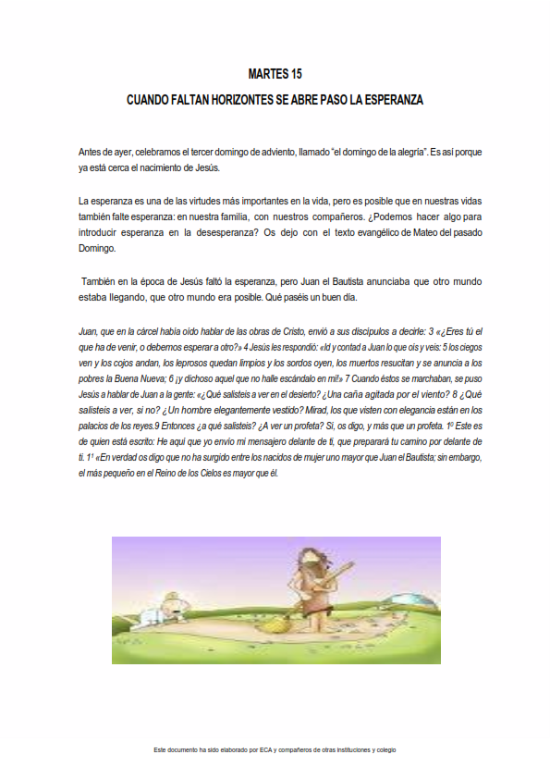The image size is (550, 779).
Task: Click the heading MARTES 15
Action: click(275, 73)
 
